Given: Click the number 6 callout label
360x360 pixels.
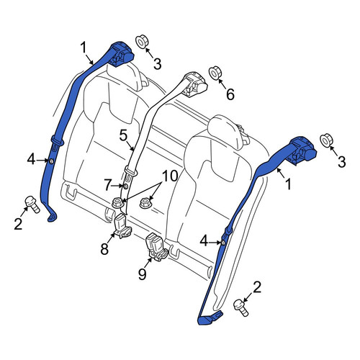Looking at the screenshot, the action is click(x=230, y=94).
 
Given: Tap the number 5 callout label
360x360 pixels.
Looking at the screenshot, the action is click(x=123, y=135).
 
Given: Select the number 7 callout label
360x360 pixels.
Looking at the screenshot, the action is click(x=109, y=185).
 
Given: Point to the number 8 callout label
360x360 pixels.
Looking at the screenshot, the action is click(x=104, y=248).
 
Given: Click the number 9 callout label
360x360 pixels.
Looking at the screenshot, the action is click(x=143, y=274).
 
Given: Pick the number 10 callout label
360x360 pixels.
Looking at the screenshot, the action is click(x=170, y=176).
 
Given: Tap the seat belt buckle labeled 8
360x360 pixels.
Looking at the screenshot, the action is click(x=122, y=227).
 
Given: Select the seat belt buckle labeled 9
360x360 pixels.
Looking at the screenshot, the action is click(x=156, y=247).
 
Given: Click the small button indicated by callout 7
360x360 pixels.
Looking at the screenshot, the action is click(x=125, y=186).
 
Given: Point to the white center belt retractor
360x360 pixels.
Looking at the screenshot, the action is click(x=195, y=85).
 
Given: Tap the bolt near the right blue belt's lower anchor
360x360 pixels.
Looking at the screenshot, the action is click(x=241, y=307).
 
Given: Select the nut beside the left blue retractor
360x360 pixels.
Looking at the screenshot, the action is click(x=142, y=41).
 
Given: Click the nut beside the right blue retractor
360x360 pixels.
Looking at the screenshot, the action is click(x=327, y=140).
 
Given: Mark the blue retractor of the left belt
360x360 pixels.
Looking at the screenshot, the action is click(x=121, y=55).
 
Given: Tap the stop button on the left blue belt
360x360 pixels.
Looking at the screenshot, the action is click(x=51, y=161).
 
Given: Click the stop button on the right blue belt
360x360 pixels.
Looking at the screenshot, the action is click(x=222, y=243).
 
